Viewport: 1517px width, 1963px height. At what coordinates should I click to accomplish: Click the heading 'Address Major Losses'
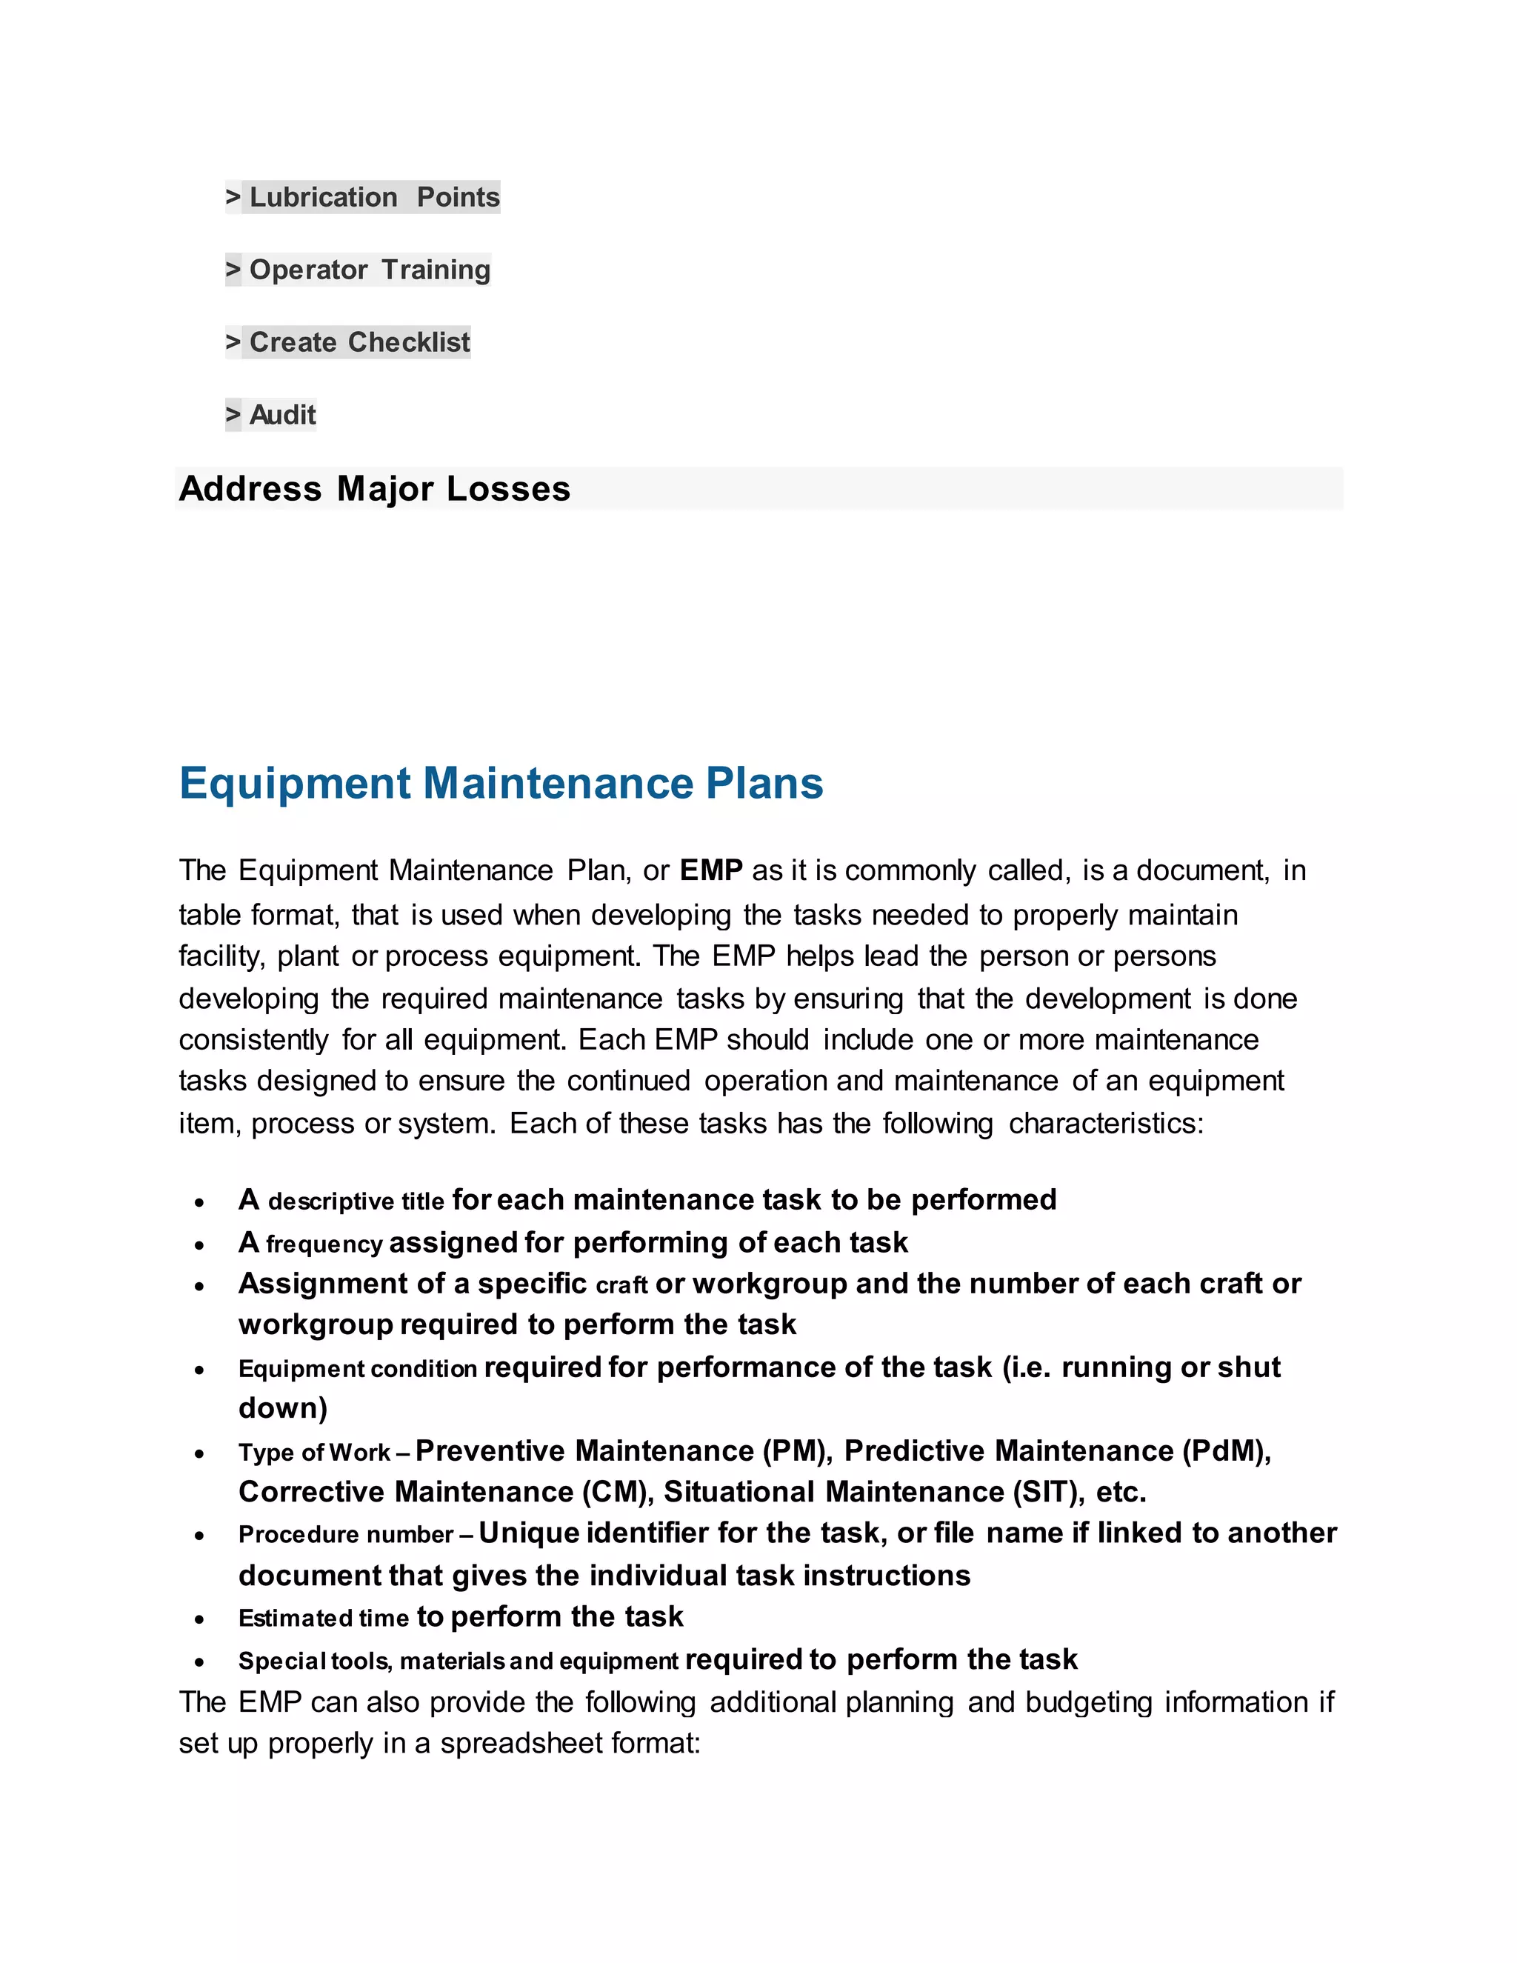point(375,489)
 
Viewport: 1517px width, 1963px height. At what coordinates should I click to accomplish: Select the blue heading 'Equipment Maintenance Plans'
point(501,783)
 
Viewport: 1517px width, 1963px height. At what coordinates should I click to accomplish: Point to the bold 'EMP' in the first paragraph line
point(711,870)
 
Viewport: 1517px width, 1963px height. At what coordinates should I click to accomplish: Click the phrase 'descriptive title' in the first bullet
point(356,1202)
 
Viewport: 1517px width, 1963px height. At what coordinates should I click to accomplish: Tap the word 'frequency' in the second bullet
point(324,1244)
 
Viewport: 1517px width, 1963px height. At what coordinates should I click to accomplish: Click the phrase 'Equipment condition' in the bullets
point(357,1369)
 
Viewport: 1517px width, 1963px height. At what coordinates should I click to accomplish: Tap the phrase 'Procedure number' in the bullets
point(345,1534)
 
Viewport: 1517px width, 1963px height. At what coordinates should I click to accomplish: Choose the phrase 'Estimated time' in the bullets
point(323,1618)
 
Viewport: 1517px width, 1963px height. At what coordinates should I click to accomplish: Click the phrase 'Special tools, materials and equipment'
point(458,1661)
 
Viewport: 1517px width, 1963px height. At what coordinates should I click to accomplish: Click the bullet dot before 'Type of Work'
point(199,1453)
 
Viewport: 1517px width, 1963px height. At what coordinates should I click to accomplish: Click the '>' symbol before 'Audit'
point(233,416)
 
